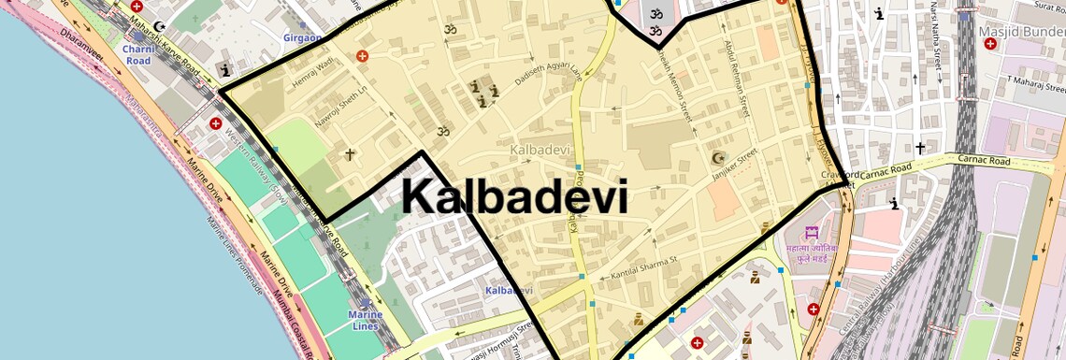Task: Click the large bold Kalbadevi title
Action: pyautogui.click(x=514, y=198)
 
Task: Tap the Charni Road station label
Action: pyautogui.click(x=137, y=54)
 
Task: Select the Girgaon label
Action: pyautogui.click(x=302, y=37)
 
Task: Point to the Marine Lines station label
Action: pyautogui.click(x=365, y=321)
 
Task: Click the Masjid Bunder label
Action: pyautogui.click(x=1021, y=34)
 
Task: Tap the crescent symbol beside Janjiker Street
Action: pyautogui.click(x=718, y=158)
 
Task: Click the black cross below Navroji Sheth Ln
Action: pyautogui.click(x=351, y=154)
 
